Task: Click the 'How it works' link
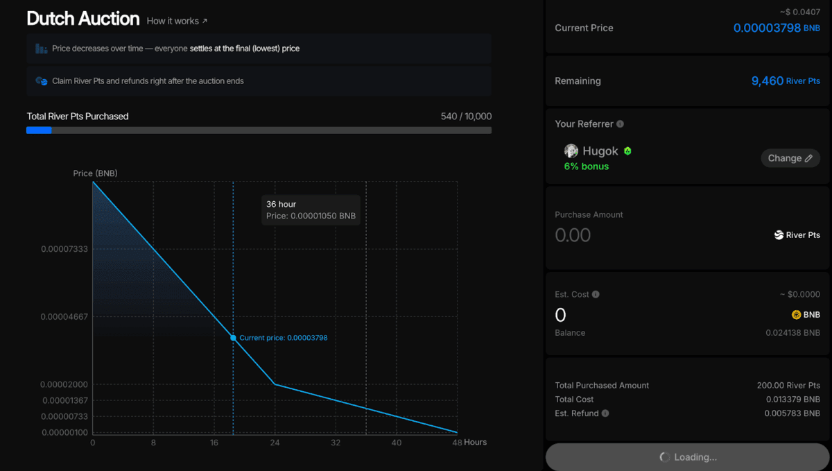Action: coord(177,21)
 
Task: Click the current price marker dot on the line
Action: coord(233,338)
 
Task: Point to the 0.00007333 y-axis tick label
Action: coord(64,249)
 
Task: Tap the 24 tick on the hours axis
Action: coord(275,443)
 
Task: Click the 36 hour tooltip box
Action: coord(311,210)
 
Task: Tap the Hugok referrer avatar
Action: coord(571,151)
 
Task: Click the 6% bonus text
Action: coord(587,166)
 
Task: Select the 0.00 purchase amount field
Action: coord(573,235)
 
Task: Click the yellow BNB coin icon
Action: coord(797,315)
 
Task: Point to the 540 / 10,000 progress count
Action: coord(466,117)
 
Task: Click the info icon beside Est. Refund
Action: coord(605,413)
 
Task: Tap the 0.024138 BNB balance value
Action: coord(792,333)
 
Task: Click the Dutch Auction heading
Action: coord(83,19)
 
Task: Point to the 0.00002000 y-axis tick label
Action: coord(64,385)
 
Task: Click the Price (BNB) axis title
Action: coord(95,173)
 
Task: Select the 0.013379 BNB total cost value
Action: coord(792,400)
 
